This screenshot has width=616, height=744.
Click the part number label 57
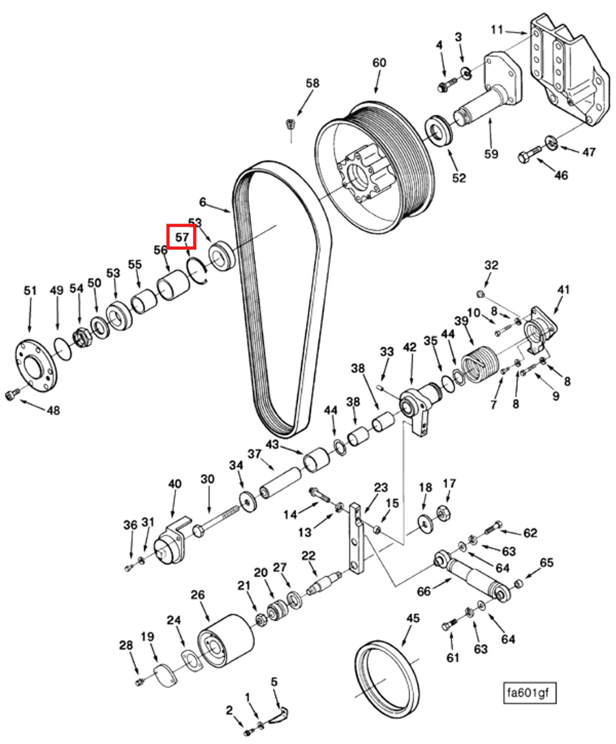181,237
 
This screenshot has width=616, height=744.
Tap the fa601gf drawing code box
529,693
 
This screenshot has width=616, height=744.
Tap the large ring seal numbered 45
387,680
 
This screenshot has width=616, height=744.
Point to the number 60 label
379,63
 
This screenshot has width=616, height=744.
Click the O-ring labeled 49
63,349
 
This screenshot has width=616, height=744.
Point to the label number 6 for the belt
202,202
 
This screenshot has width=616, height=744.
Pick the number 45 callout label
412,619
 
